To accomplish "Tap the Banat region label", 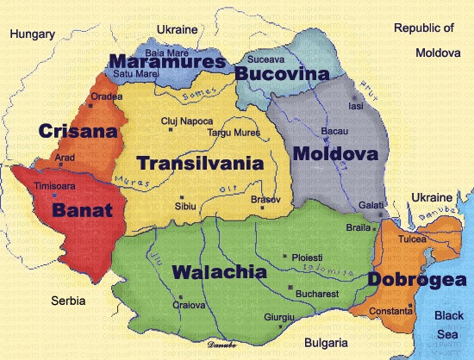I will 81,208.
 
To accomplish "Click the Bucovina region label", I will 283,74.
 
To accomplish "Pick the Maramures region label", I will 167,62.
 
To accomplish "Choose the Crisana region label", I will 77,131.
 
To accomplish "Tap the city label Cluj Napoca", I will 185,122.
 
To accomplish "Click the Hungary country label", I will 33,34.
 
